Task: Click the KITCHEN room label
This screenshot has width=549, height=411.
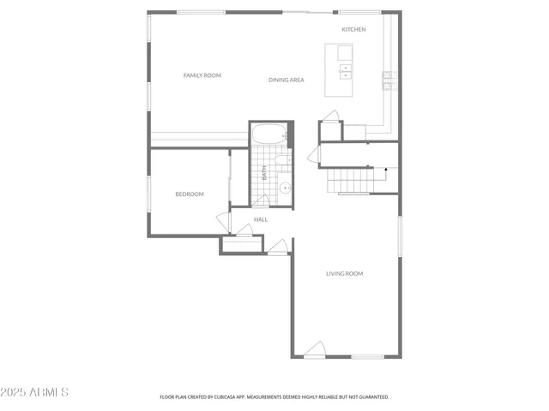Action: (x=353, y=30)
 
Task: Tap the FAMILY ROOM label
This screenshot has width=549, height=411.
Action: (x=202, y=75)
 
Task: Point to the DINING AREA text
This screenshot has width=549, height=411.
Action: (x=287, y=80)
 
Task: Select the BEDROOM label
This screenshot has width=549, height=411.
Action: (x=190, y=194)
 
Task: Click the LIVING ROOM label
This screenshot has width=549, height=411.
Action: (x=344, y=274)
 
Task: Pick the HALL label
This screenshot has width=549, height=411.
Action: (x=261, y=220)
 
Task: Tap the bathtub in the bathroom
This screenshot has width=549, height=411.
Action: (x=271, y=135)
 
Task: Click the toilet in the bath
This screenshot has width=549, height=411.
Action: (x=284, y=159)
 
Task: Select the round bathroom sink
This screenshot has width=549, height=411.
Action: (x=285, y=188)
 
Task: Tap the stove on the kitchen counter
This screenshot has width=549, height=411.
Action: (x=388, y=80)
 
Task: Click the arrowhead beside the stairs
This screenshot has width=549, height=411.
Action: (x=386, y=170)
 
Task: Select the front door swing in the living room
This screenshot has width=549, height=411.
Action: (x=315, y=349)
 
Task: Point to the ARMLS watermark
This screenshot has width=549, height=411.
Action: (x=35, y=392)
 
